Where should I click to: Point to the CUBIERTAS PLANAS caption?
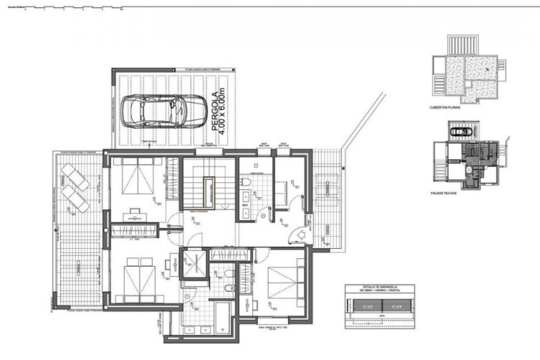(x=445, y=107)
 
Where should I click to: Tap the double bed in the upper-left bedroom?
(x=138, y=176)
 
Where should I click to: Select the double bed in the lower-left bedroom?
(x=140, y=280)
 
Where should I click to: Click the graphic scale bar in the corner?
(x=73, y=9)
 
